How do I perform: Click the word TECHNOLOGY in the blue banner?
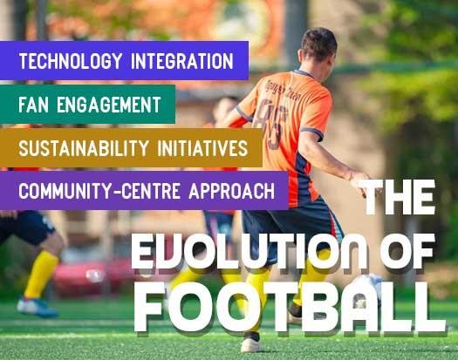71,61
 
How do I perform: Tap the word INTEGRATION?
182,61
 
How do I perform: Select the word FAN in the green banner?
33,105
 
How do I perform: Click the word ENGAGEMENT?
109,105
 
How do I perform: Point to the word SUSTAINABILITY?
84,147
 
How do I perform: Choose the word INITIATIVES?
202,147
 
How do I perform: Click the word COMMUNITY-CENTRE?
99,191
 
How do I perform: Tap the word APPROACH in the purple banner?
232,191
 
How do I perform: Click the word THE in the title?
397,197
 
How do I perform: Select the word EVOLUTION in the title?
249,252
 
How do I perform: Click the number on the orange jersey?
270,123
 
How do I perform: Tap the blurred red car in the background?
91,276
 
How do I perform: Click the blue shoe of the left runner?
38,307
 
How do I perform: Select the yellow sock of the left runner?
41,274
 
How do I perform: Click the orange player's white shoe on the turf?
251,344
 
